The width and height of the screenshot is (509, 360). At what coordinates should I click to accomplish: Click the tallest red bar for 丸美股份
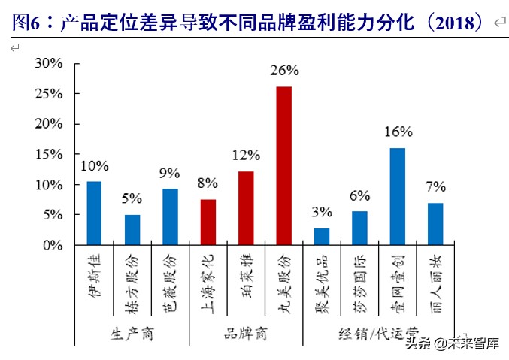click(x=283, y=165)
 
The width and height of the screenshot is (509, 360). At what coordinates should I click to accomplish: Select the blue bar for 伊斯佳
click(x=94, y=213)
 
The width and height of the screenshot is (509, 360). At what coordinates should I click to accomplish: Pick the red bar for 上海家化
click(x=208, y=222)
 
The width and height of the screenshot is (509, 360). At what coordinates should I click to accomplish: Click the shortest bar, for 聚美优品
click(x=321, y=237)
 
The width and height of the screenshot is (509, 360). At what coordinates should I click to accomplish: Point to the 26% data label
click(x=284, y=71)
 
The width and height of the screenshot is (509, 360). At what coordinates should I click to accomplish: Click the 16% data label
click(x=398, y=132)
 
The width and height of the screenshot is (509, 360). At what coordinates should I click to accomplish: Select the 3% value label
click(x=321, y=213)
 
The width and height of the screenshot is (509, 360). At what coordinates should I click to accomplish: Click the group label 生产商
click(x=132, y=334)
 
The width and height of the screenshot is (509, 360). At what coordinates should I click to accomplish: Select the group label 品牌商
click(x=246, y=334)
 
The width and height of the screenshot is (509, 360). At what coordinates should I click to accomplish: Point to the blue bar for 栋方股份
click(x=132, y=230)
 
